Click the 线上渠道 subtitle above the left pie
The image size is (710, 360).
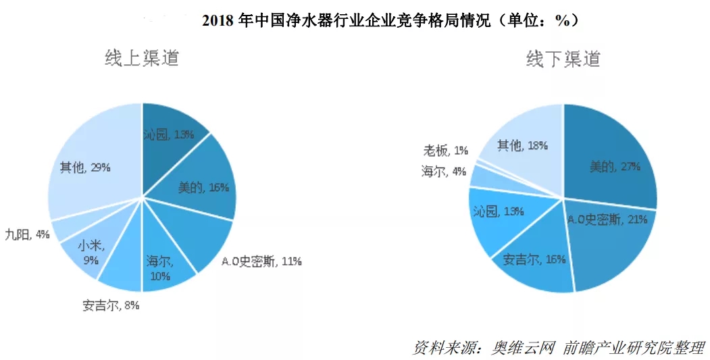142,58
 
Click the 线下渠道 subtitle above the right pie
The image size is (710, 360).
563,59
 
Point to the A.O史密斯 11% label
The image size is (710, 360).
261,261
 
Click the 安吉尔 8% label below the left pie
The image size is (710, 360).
111,305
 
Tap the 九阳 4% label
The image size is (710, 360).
26,234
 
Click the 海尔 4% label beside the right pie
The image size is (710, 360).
443,172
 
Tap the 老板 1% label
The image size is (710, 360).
445,149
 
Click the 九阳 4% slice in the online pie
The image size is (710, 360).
68,228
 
